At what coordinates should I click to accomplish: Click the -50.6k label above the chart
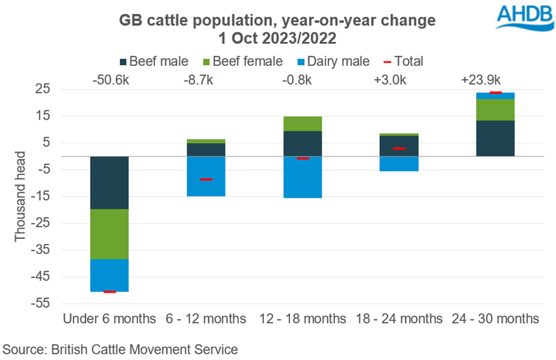click(x=110, y=80)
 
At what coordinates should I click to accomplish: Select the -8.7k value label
click(x=206, y=80)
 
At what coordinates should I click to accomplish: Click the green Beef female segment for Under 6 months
click(x=110, y=234)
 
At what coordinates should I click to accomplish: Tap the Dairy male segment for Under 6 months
click(x=110, y=275)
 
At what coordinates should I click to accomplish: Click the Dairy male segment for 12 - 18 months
click(x=303, y=177)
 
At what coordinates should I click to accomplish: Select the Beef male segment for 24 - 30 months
click(x=496, y=138)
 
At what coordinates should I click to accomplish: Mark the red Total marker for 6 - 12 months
click(x=206, y=179)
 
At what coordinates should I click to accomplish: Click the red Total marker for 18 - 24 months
click(x=399, y=148)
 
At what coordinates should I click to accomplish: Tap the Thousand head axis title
click(x=20, y=196)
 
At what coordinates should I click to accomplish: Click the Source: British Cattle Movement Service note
click(x=120, y=349)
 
